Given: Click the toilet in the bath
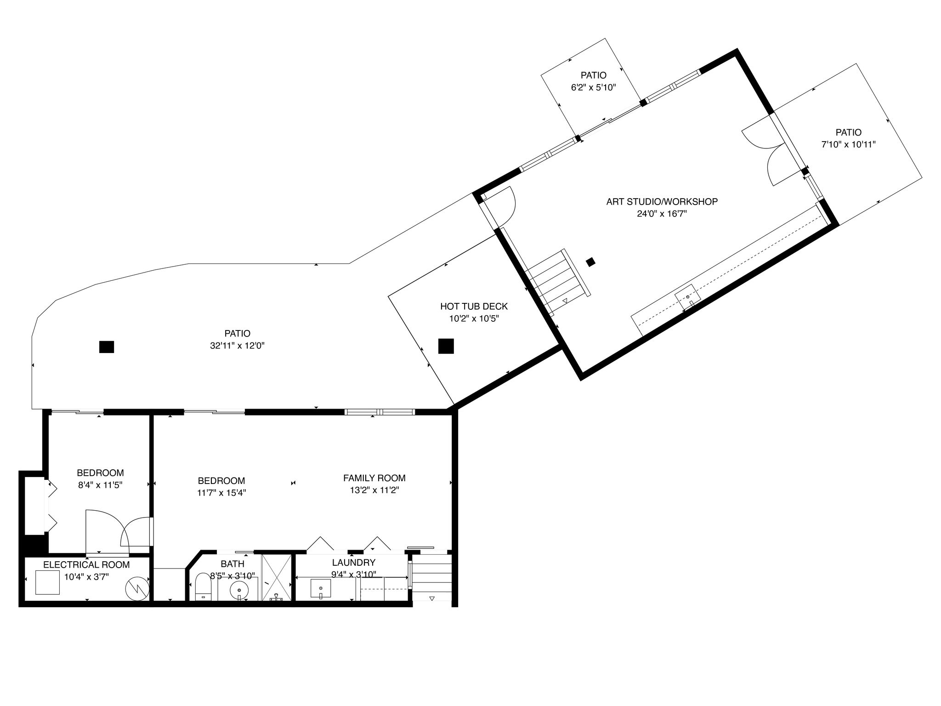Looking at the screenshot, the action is click(x=203, y=586).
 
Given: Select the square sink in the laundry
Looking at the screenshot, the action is click(x=321, y=588).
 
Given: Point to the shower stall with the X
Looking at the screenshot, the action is click(x=277, y=577).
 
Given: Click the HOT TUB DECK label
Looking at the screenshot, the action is click(x=474, y=306).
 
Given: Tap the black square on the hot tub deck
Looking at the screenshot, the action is click(x=446, y=346).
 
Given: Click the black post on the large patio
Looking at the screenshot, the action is click(x=107, y=347).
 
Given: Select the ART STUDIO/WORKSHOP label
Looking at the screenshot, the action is click(x=662, y=201).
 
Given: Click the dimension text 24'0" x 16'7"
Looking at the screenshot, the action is click(x=662, y=213).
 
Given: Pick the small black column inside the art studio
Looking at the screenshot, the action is click(x=591, y=262).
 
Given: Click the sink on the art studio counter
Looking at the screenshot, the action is click(x=687, y=297).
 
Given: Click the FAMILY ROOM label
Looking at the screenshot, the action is click(x=374, y=478).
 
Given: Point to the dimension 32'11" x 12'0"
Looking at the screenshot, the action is click(x=237, y=346).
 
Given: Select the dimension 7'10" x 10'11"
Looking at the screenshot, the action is click(x=848, y=144).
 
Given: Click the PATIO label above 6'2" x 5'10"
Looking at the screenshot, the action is click(x=593, y=75).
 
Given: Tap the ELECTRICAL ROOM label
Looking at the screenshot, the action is click(x=86, y=564).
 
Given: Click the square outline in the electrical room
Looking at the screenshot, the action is click(x=48, y=583).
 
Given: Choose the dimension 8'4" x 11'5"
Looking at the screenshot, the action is click(x=100, y=484).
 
